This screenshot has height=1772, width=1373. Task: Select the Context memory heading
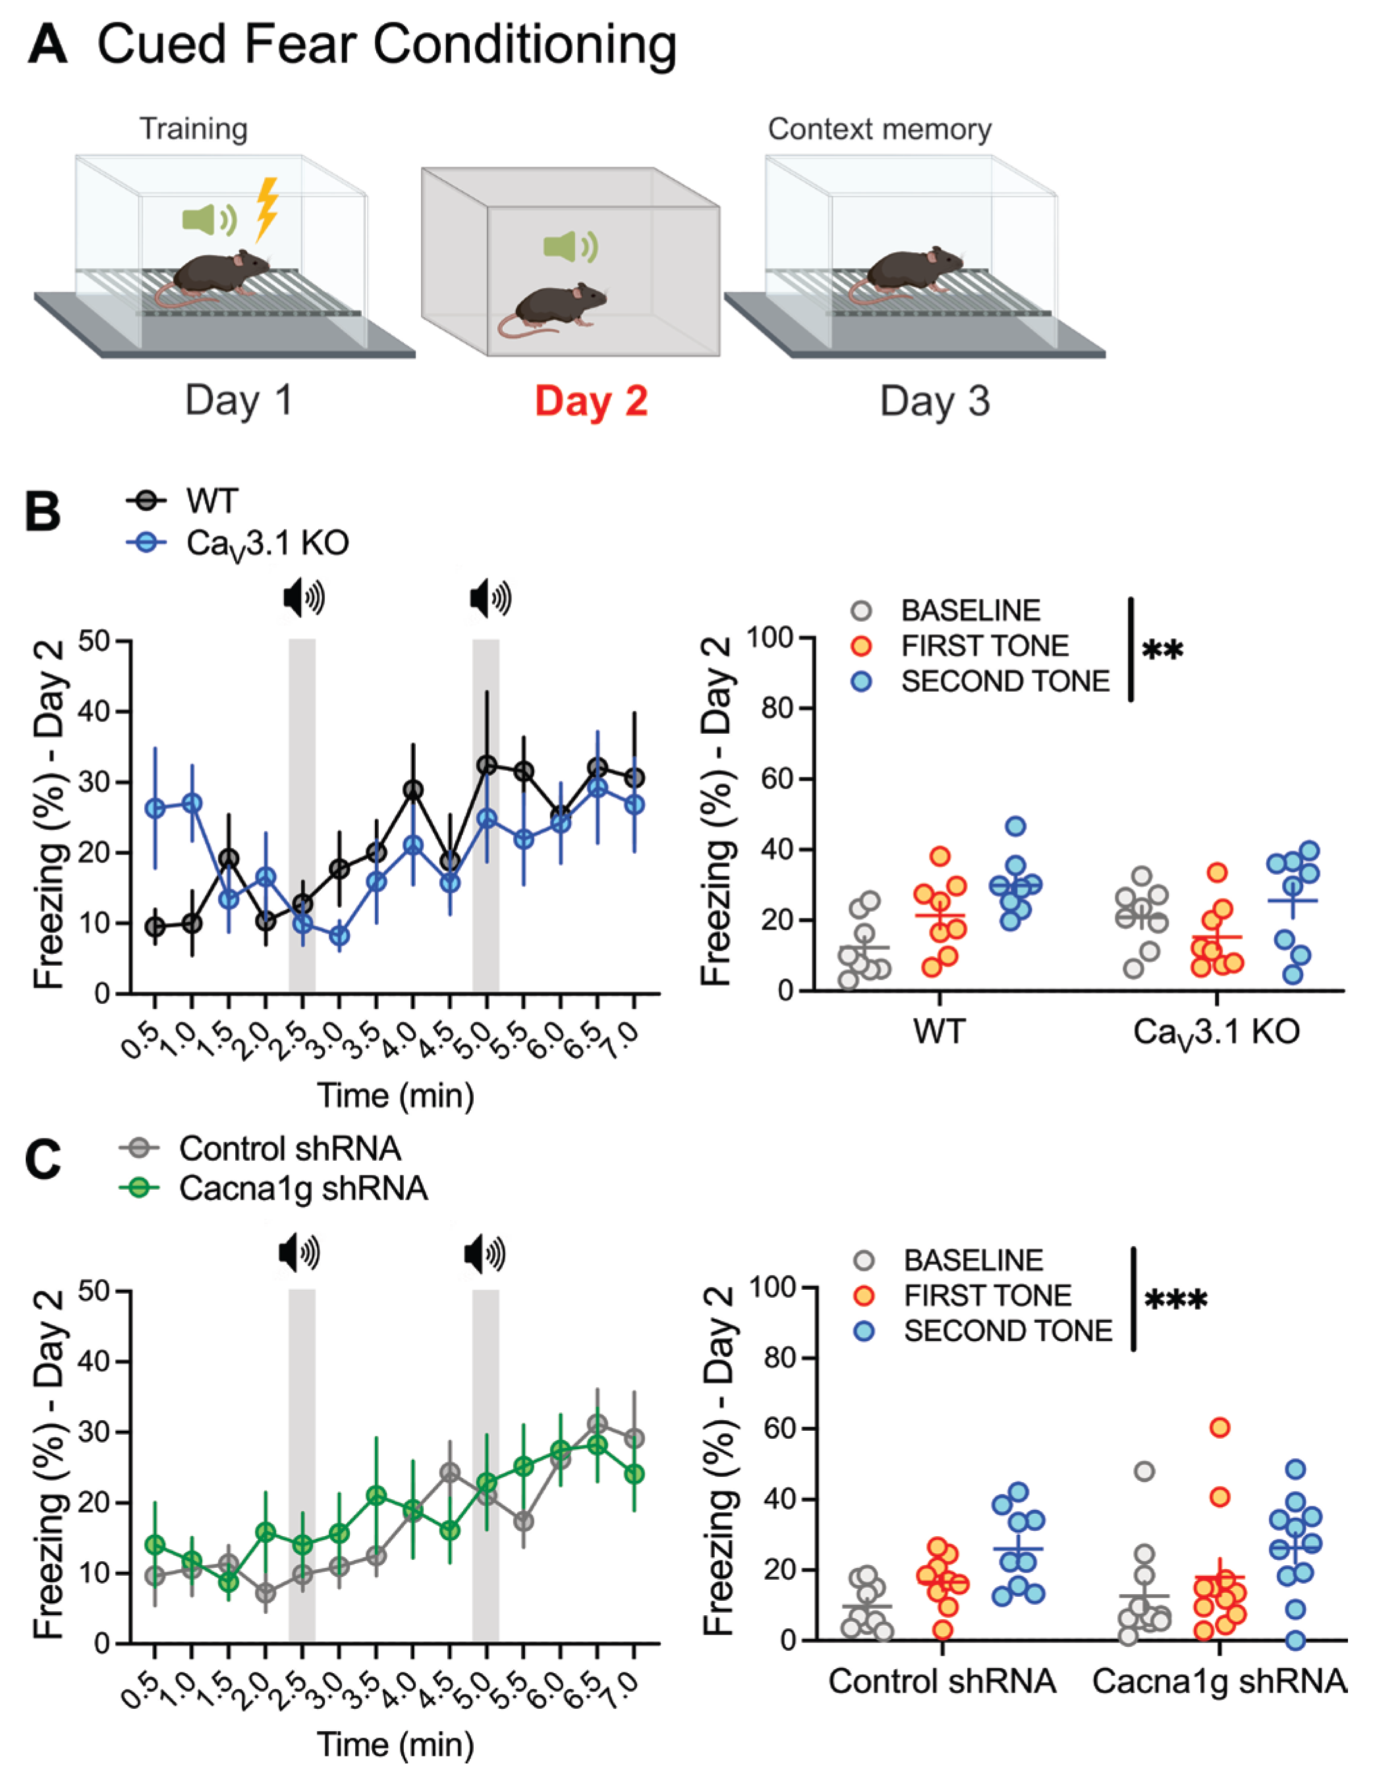pyautogui.click(x=880, y=129)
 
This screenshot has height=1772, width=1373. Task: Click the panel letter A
pyautogui.click(x=46, y=45)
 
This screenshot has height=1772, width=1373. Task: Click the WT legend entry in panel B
pyautogui.click(x=211, y=501)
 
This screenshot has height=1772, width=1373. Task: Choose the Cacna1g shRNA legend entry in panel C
pyautogui.click(x=302, y=1188)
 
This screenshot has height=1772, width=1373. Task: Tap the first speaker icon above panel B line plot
pyautogui.click(x=304, y=599)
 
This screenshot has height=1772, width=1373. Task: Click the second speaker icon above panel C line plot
pyautogui.click(x=484, y=1254)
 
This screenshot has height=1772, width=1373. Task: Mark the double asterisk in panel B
pyautogui.click(x=1162, y=650)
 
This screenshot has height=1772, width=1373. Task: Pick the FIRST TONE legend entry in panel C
pyautogui.click(x=987, y=1296)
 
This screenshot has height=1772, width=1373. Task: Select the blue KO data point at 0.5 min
pyautogui.click(x=155, y=808)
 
